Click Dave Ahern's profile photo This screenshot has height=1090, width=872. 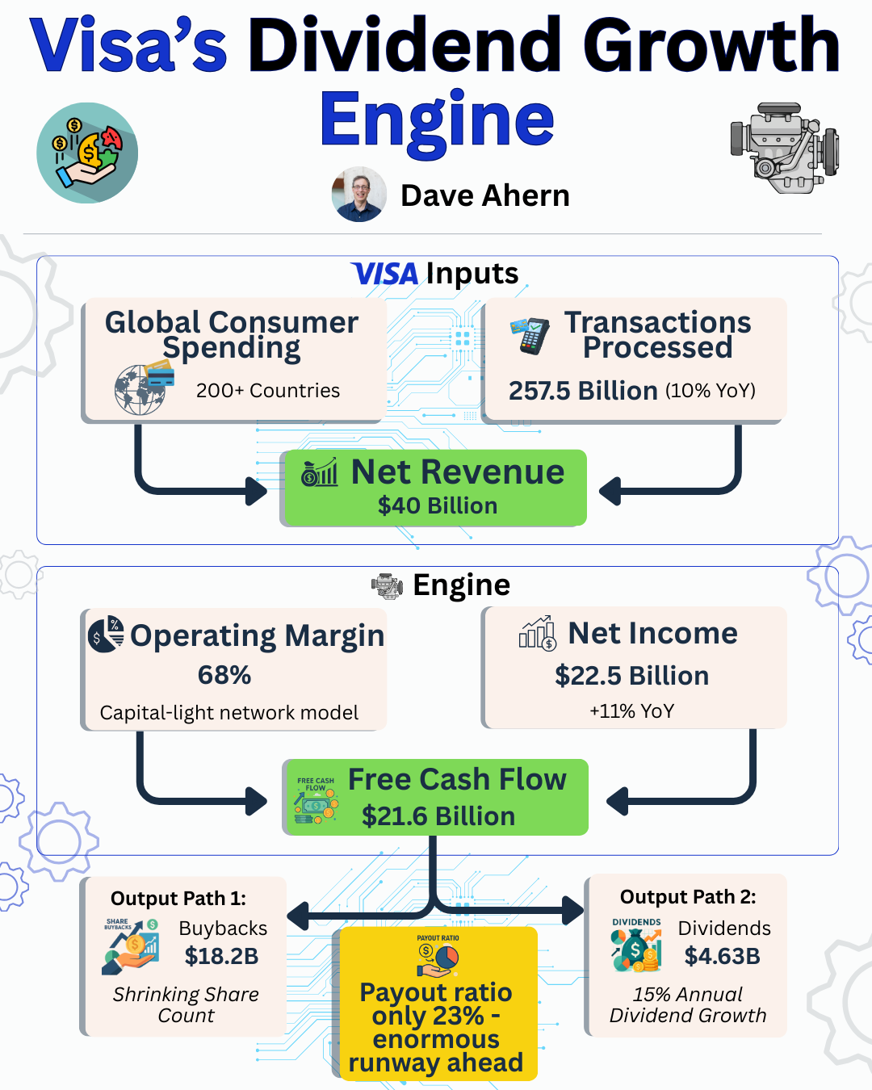click(x=359, y=195)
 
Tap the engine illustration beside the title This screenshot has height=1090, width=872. click(x=784, y=148)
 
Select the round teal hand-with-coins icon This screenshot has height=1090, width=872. click(x=87, y=153)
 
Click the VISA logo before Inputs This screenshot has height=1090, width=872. click(x=385, y=275)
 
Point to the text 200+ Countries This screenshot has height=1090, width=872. click(x=267, y=391)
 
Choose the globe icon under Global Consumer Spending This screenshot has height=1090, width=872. click(x=141, y=389)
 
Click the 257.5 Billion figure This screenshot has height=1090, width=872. click(x=582, y=391)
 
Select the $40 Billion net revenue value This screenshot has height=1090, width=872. click(x=438, y=506)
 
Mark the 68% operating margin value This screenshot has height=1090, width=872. click(x=224, y=675)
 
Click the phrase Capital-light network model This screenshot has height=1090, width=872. click(x=229, y=713)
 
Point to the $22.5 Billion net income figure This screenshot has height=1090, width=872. click(x=631, y=676)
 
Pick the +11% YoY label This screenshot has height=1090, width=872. click(x=631, y=711)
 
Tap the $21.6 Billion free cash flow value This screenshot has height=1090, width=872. click(x=438, y=816)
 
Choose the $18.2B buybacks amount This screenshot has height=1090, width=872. click(x=221, y=957)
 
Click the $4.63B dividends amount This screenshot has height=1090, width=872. click(x=722, y=957)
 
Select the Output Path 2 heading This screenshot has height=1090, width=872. click(x=688, y=897)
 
